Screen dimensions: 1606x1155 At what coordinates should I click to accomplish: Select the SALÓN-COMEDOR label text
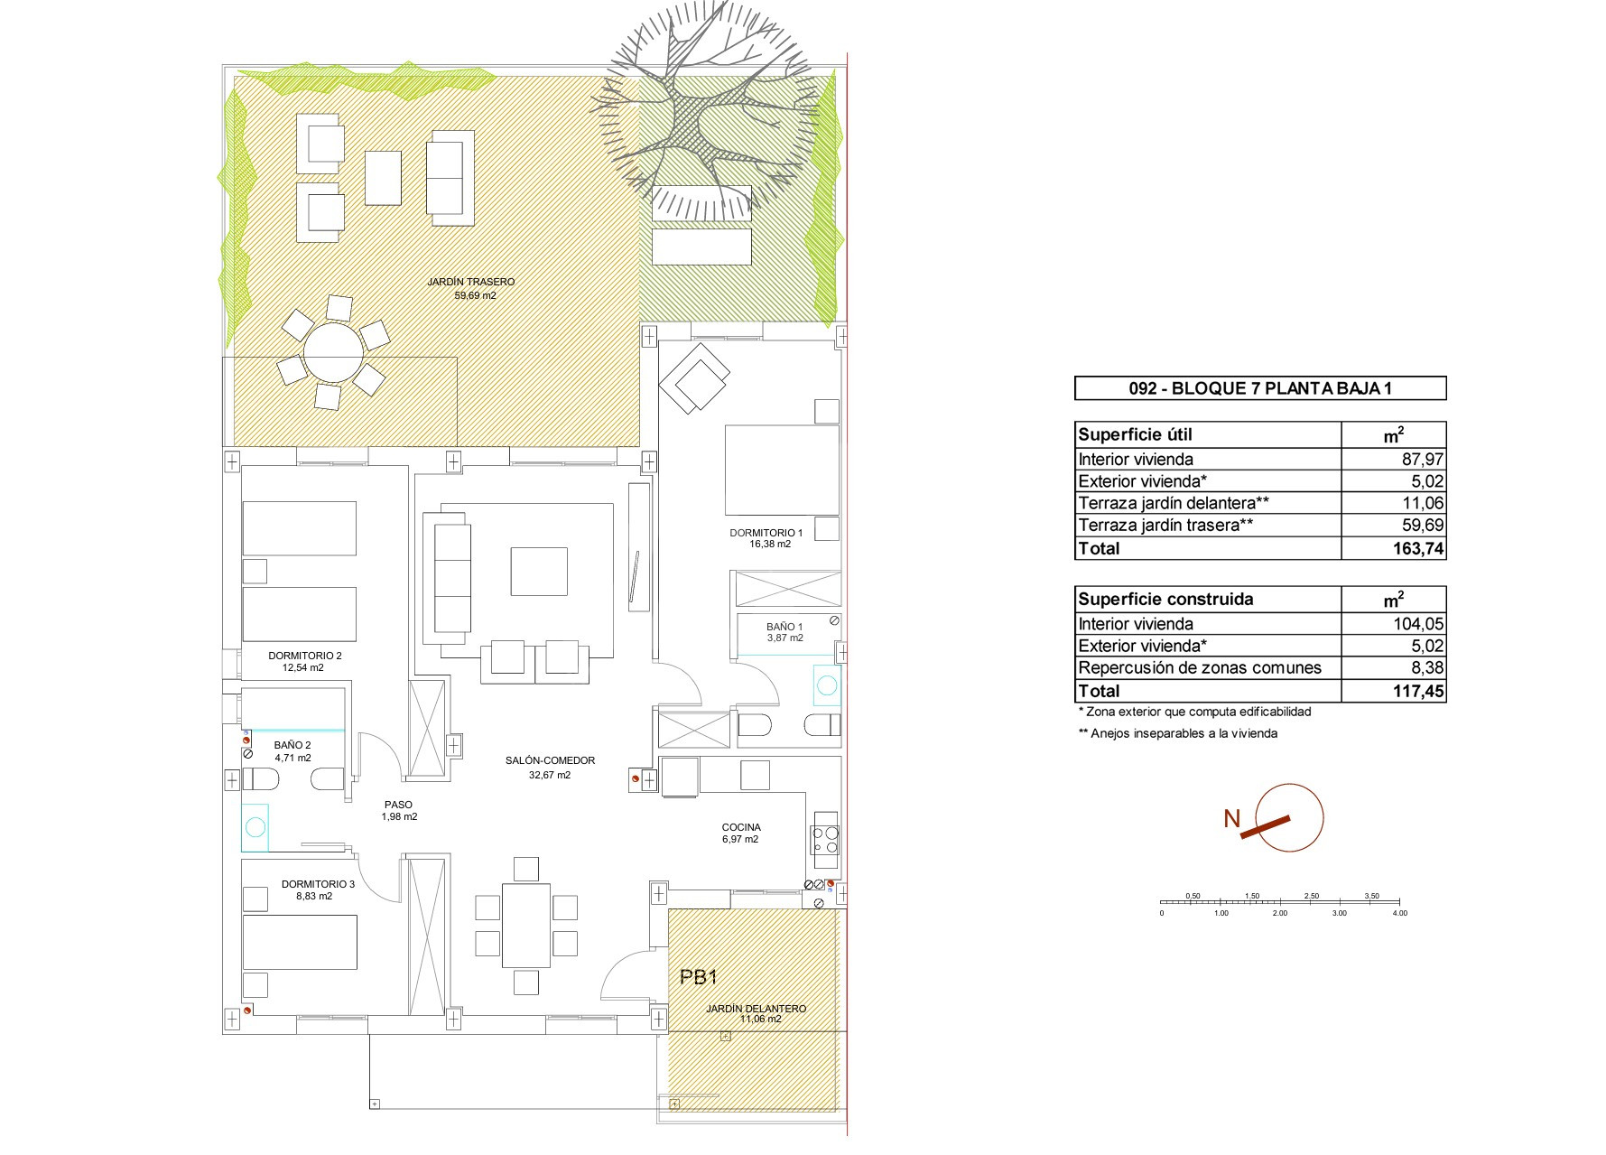[550, 760]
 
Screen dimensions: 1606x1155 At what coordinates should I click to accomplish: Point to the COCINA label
[741, 827]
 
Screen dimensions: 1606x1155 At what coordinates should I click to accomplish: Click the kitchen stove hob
[825, 841]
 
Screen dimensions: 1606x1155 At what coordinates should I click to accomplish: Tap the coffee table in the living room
[539, 571]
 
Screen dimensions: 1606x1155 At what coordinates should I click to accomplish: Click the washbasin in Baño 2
[255, 827]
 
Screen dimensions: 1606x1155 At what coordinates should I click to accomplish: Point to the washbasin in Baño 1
[827, 685]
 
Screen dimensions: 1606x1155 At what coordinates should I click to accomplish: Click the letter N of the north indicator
[1231, 819]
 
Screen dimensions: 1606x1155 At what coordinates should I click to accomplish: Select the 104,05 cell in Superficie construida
[1420, 624]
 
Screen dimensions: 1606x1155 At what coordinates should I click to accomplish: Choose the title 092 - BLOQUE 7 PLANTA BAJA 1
[1260, 388]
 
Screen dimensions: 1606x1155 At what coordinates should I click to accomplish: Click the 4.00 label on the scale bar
[1399, 913]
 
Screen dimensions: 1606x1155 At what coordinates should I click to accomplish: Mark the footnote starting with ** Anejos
[1178, 733]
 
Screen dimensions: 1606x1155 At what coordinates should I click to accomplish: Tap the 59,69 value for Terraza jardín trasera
[1423, 525]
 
